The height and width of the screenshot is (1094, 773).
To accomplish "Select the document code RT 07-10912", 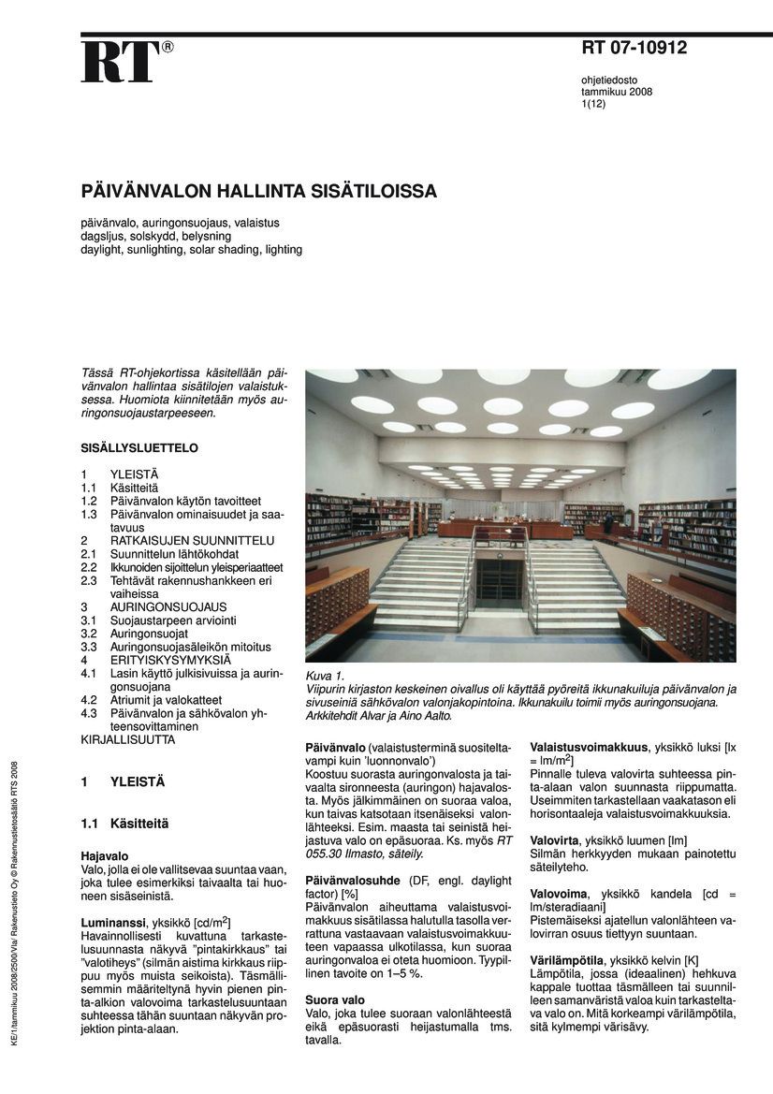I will (634, 48).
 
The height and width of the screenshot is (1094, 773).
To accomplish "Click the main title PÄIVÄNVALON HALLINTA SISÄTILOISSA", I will (259, 192).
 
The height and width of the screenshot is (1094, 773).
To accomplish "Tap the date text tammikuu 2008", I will (617, 92).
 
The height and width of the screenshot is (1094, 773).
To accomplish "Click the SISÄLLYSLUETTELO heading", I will (139, 448).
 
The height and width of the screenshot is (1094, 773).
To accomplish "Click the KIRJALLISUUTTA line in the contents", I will (128, 739).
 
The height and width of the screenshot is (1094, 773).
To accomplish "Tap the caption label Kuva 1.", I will (326, 676).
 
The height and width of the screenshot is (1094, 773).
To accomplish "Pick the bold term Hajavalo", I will (104, 855).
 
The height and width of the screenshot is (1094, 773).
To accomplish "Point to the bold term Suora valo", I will (335, 1000).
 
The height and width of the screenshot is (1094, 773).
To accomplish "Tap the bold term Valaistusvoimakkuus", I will (588, 747).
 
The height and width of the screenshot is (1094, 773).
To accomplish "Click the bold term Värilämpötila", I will (566, 960).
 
